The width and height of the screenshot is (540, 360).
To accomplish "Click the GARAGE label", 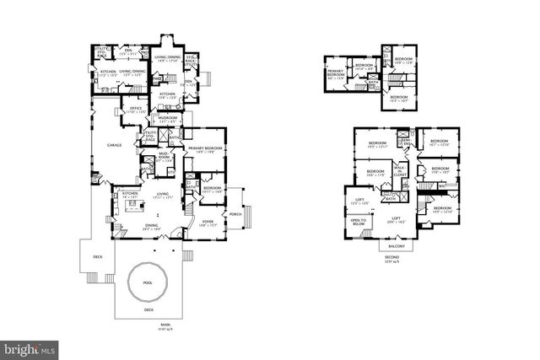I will [x=115, y=145].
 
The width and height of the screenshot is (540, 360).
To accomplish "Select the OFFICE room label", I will [x=134, y=110].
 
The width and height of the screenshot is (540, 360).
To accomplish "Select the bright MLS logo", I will [x=30, y=347].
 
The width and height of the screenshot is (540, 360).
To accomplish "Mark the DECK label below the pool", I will [x=148, y=309].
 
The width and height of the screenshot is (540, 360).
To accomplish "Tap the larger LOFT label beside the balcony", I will [x=397, y=218].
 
